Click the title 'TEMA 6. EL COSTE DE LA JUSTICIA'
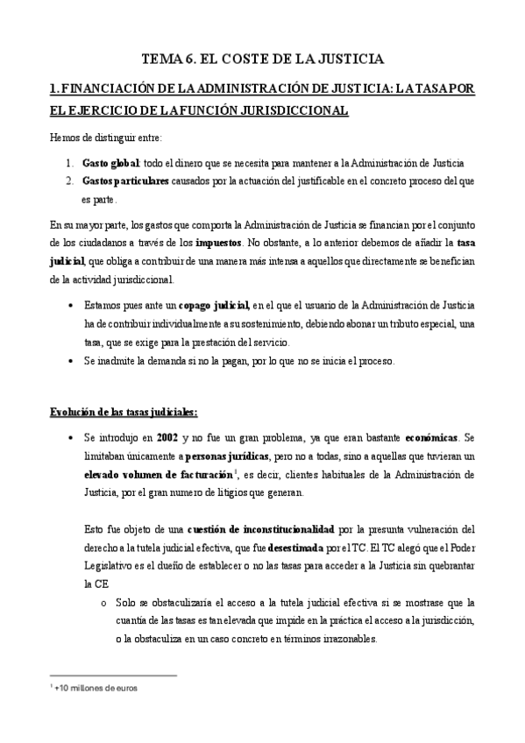262,60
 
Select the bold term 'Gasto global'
109,163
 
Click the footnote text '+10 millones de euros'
97,688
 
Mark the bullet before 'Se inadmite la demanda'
71,361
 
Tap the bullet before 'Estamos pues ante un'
71,306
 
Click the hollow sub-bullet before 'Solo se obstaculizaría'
104,602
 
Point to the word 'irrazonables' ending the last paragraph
350,639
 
